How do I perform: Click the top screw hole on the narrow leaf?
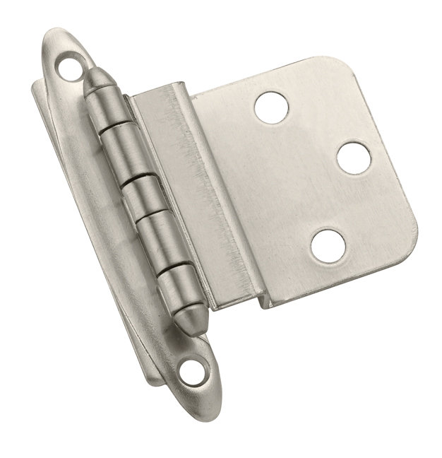(69, 69)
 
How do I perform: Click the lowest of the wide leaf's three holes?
(328, 245)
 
